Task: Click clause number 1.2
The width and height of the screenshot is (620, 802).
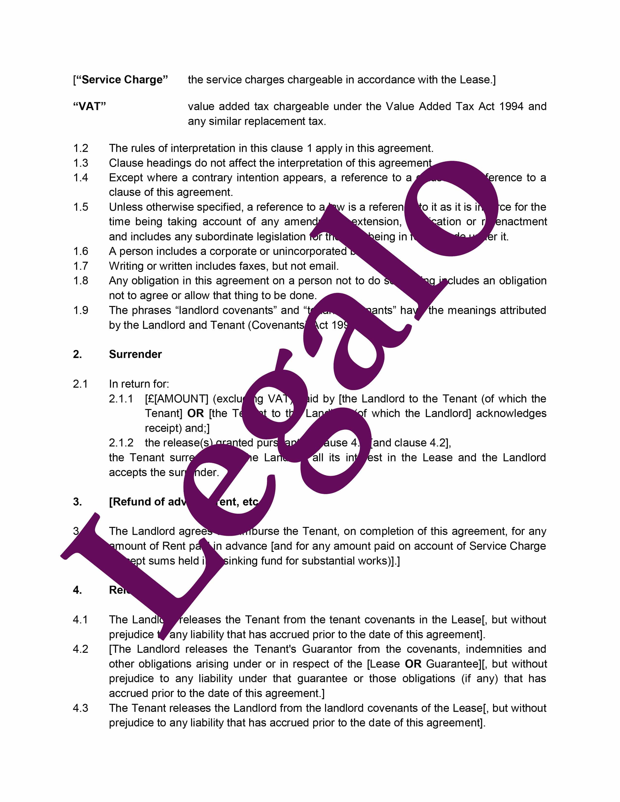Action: pyautogui.click(x=80, y=148)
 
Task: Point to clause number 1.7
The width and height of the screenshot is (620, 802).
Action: pyautogui.click(x=80, y=266)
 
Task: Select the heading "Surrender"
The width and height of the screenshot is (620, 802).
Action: pyautogui.click(x=135, y=354)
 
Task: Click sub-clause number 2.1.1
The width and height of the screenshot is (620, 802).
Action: pyautogui.click(x=121, y=399)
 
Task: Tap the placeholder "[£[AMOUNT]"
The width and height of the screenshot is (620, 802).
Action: pyautogui.click(x=177, y=399)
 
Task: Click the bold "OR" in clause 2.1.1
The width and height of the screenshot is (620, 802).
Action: pyautogui.click(x=195, y=413)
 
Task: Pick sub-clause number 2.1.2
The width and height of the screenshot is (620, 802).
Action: pyautogui.click(x=121, y=443)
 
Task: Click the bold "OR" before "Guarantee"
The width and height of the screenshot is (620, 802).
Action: pyautogui.click(x=413, y=664)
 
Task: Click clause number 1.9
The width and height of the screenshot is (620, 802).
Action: pyautogui.click(x=80, y=310)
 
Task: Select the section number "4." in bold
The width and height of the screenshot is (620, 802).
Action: pyautogui.click(x=77, y=590)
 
